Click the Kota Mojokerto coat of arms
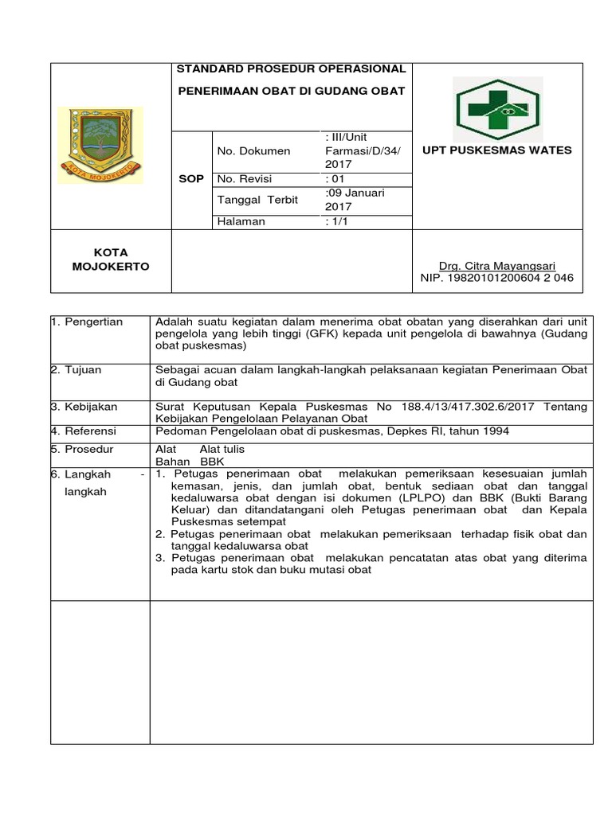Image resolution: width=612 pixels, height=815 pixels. (101, 144)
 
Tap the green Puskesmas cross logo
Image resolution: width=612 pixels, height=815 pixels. (497, 109)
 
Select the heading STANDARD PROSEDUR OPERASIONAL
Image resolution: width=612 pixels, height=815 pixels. (291, 69)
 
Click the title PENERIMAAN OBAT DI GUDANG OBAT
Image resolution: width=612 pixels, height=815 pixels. (291, 91)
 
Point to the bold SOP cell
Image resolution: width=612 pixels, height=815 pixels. (192, 179)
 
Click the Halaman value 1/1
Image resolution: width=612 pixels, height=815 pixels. (336, 222)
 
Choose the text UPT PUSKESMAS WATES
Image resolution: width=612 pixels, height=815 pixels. (496, 150)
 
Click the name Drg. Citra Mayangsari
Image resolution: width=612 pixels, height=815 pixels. (496, 266)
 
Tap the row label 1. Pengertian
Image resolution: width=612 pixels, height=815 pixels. (87, 322)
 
